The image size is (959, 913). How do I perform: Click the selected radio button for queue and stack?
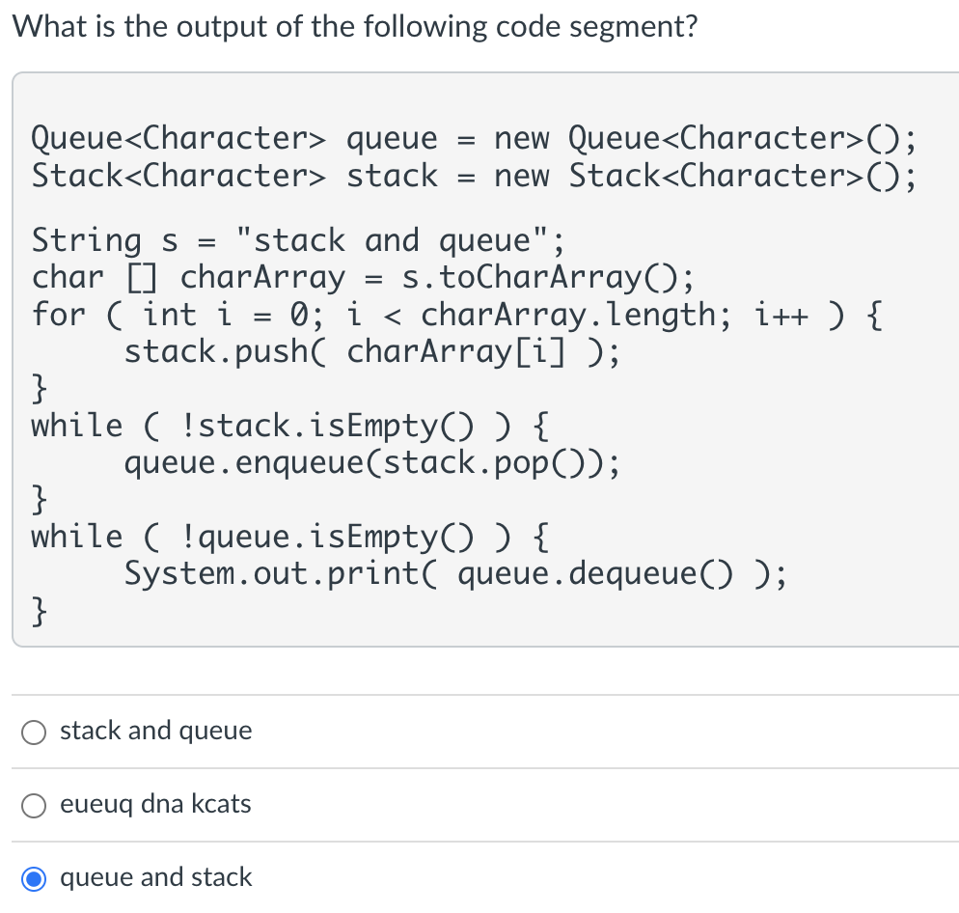coord(34,878)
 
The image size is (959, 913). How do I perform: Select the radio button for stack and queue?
coord(34,732)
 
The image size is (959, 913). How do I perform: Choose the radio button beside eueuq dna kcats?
coord(34,805)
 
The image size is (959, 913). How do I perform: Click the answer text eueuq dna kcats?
coord(155,804)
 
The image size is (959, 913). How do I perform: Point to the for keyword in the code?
coord(59,315)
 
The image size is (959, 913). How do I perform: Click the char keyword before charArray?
coord(68,278)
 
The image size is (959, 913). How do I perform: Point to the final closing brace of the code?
coord(40,610)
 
